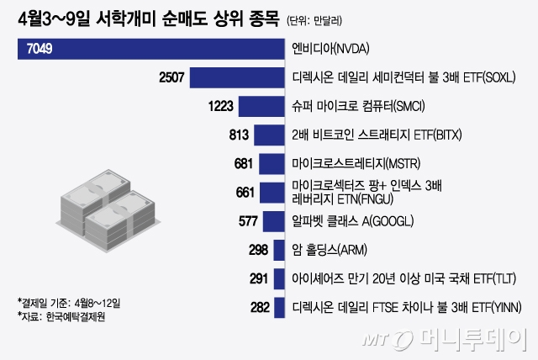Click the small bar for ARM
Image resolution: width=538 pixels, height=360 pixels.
(279, 251)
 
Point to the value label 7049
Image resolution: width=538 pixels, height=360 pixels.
(40, 50)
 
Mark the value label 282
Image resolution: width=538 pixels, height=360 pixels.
(261, 308)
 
